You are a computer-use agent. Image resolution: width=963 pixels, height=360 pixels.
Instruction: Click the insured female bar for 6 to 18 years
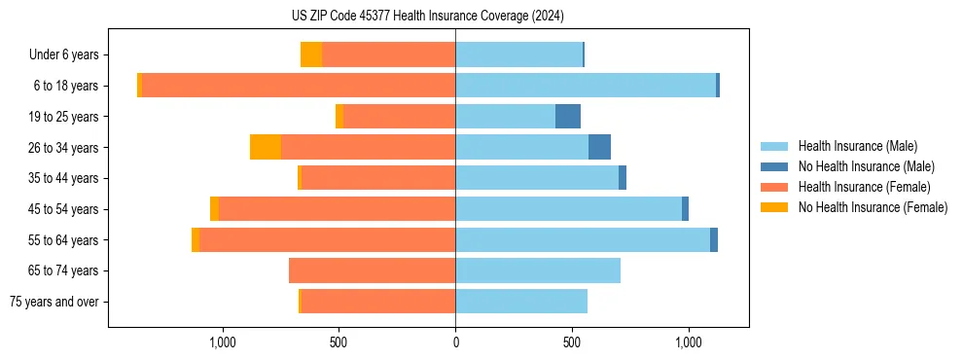(299, 86)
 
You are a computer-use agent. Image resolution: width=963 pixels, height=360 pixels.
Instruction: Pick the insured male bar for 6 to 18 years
(586, 86)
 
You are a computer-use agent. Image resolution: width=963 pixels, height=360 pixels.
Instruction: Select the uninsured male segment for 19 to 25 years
(568, 117)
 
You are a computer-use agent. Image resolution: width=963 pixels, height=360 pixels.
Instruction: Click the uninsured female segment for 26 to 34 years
(266, 147)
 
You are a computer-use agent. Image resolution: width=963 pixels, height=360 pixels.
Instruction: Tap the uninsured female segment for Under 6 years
(311, 54)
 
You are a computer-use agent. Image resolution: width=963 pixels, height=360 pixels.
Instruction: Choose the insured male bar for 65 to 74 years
(538, 270)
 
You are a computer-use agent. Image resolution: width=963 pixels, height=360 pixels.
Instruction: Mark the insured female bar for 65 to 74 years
(373, 270)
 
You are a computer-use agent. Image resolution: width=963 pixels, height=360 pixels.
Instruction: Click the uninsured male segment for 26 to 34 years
(600, 147)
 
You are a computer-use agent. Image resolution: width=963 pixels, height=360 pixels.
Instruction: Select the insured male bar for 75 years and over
(521, 302)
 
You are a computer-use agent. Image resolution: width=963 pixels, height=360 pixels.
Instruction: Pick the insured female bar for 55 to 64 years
(328, 239)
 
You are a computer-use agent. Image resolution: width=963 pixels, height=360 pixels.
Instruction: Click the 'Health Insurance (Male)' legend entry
(857, 146)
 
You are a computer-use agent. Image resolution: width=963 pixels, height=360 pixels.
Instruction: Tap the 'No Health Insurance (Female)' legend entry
(872, 207)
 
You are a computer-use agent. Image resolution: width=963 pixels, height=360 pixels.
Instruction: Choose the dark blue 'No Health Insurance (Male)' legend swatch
(774, 166)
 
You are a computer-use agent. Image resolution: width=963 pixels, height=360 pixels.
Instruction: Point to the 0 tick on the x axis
(455, 342)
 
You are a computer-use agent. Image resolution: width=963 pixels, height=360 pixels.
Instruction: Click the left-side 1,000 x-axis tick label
(222, 342)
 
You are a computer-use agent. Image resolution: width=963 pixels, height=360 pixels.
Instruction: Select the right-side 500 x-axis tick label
(572, 342)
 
